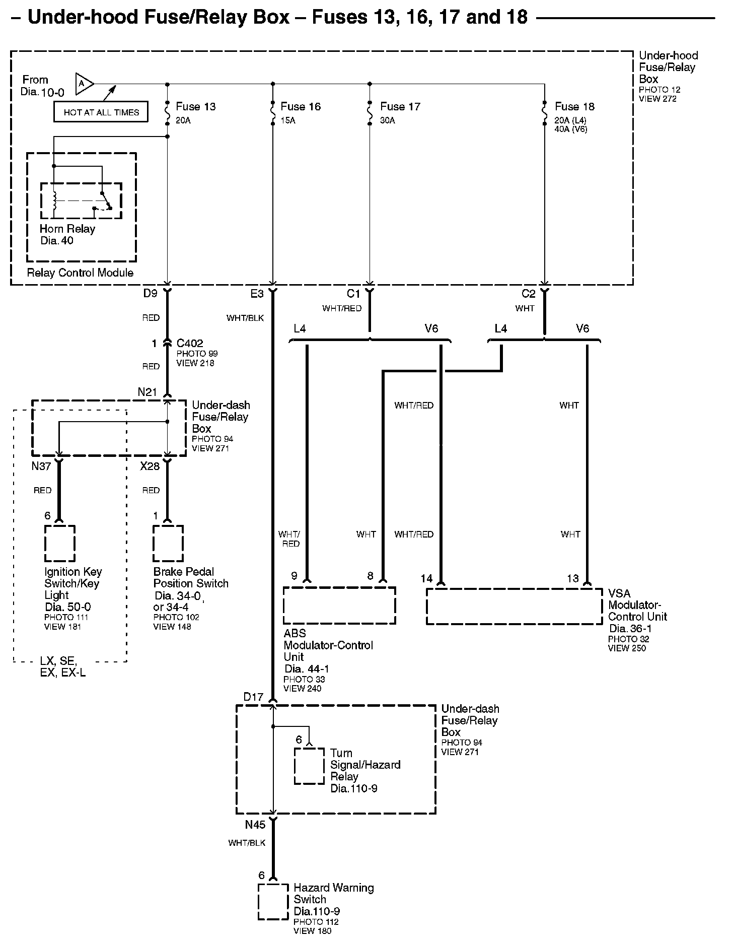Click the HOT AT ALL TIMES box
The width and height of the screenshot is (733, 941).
coord(101,112)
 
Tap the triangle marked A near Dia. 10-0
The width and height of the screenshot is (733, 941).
coord(83,84)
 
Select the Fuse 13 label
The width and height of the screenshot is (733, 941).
coord(195,107)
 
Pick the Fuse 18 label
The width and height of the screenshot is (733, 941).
coord(574,107)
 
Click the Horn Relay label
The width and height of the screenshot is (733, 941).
coord(67,229)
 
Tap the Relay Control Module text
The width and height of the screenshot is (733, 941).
coord(80,273)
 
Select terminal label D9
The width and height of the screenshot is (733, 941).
coord(150,294)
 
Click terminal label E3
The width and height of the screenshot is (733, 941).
coord(257,294)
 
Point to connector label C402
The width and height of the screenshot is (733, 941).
coord(190,344)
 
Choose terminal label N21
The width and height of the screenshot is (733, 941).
coord(148,392)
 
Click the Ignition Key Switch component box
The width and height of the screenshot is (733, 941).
coord(60,544)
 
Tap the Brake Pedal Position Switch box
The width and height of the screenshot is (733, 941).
coord(168,544)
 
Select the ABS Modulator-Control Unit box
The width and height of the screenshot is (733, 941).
coord(339,606)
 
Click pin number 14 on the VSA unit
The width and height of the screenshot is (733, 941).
coord(426,578)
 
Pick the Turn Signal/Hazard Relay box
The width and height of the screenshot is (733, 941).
coord(309,766)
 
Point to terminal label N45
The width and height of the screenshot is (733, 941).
coord(255,825)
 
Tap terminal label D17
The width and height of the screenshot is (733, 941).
coord(253,697)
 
